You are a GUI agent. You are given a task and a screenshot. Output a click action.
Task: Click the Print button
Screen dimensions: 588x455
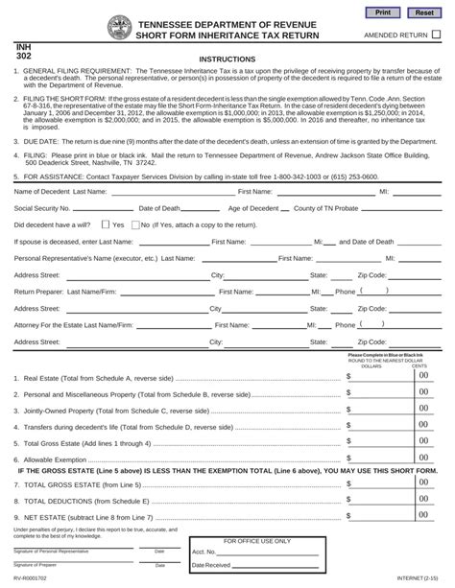383,12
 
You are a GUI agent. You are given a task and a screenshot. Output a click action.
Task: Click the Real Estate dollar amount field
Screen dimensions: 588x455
380,377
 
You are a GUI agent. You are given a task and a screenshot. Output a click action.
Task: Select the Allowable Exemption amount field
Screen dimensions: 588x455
380,459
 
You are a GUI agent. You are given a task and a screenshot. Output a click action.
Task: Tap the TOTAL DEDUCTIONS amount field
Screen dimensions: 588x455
380,501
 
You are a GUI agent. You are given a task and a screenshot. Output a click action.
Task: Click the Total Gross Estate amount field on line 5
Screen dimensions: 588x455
380,443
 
